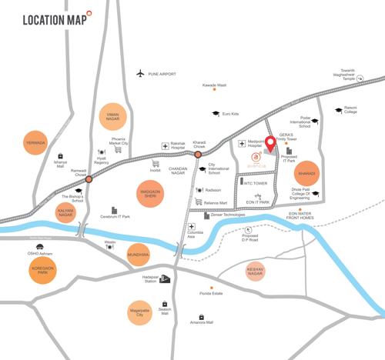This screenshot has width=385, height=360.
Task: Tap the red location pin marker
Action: (x=270, y=145)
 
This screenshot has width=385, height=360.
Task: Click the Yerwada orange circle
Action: (x=35, y=143)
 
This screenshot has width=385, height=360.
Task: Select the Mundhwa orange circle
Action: (x=138, y=253)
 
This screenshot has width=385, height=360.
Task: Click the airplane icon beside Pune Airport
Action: (x=139, y=74)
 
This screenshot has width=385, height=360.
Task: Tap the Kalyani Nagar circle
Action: (x=66, y=212)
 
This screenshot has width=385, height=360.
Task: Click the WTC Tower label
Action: (x=255, y=183)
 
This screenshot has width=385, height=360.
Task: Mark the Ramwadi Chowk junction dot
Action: (x=89, y=179)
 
